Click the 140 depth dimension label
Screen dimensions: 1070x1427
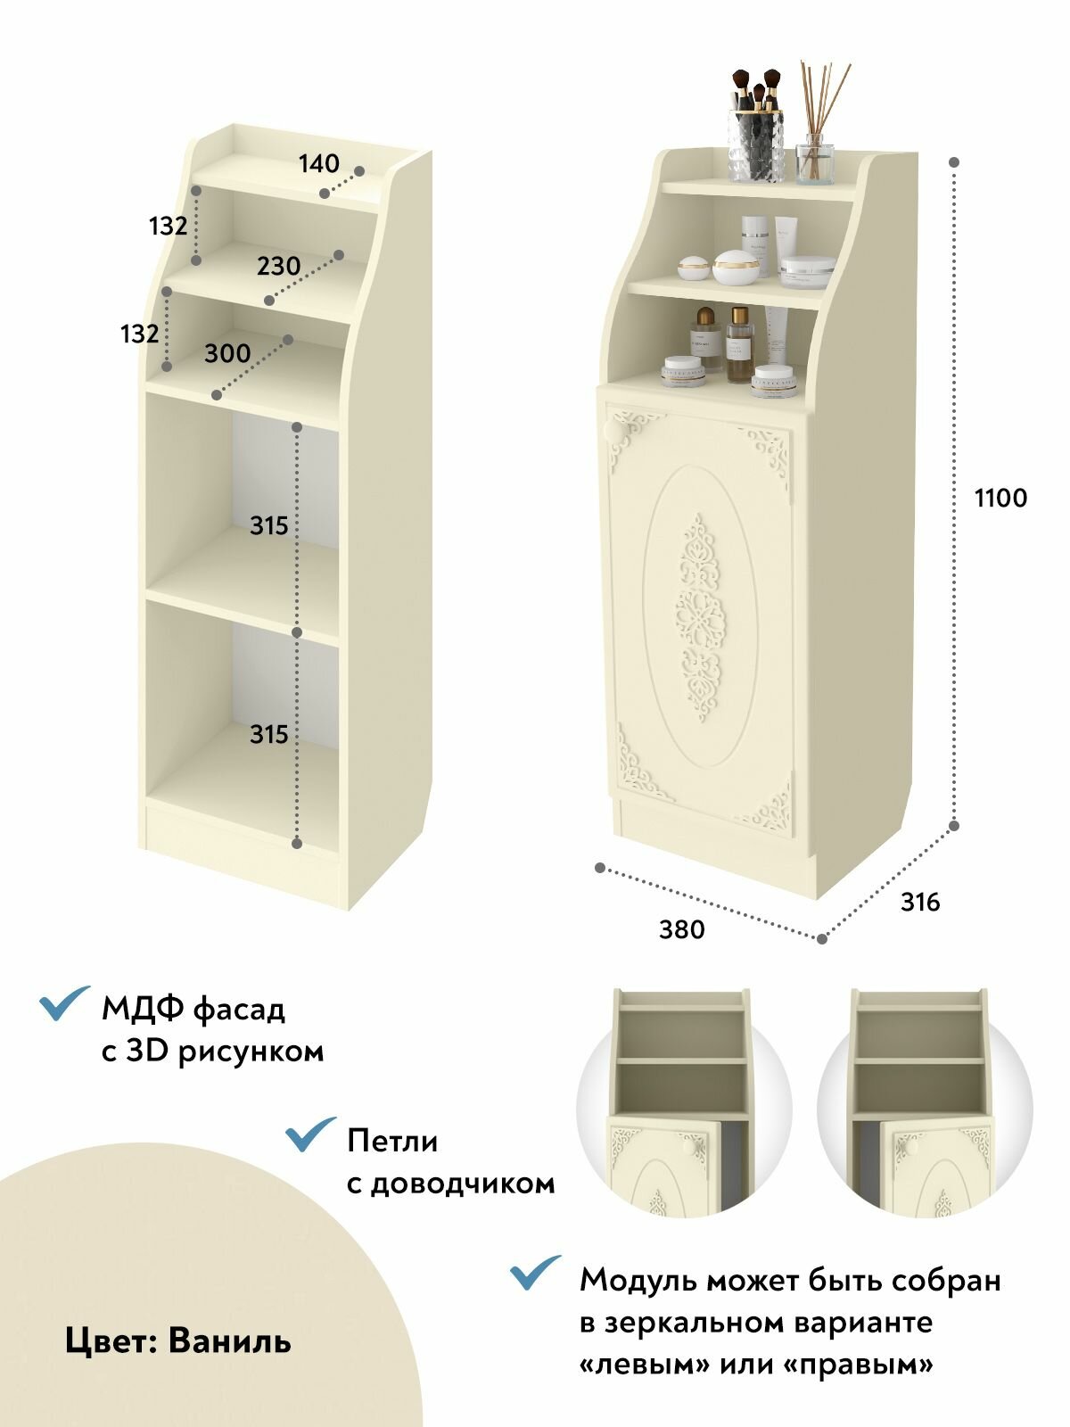click(318, 163)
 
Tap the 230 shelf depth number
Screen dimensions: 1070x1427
click(279, 266)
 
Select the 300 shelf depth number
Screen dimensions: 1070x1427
click(227, 353)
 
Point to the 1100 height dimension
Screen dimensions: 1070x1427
click(1000, 498)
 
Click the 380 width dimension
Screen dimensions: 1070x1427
click(681, 929)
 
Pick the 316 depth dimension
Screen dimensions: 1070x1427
click(920, 902)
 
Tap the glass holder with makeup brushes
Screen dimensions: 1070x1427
click(755, 126)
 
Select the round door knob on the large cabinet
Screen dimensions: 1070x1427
click(613, 430)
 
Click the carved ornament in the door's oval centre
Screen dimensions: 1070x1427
click(700, 617)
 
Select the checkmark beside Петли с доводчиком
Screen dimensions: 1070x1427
click(310, 1134)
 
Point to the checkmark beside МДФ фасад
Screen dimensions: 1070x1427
click(64, 1002)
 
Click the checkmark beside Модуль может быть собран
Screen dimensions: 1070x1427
click(535, 1272)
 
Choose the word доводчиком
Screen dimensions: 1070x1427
click(451, 1184)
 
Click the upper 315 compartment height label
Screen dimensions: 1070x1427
click(269, 525)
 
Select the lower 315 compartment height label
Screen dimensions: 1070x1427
click(269, 734)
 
